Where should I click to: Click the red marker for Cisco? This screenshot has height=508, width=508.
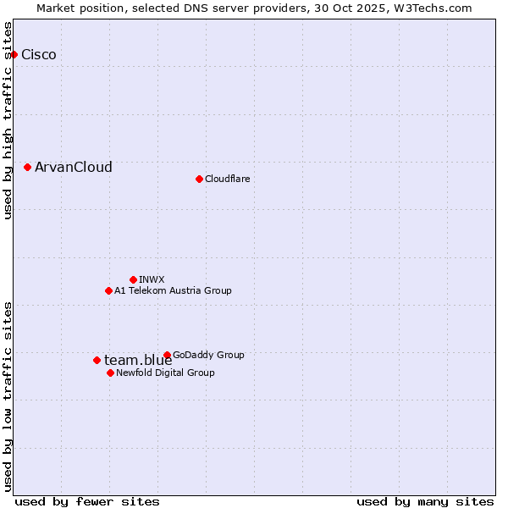click(x=14, y=55)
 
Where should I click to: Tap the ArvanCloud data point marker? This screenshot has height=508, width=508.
click(x=28, y=168)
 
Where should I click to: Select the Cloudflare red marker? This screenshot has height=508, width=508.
click(x=199, y=179)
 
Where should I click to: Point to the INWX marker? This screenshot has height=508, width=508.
click(x=133, y=279)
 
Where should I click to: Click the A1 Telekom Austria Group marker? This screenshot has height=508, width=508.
click(x=108, y=290)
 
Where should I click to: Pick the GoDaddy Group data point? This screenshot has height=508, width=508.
click(x=167, y=355)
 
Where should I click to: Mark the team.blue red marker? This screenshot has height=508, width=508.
click(x=97, y=360)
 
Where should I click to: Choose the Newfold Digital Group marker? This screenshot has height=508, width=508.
click(x=110, y=373)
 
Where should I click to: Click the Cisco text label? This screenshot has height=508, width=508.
click(x=39, y=55)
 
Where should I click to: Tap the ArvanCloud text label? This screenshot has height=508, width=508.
click(x=74, y=168)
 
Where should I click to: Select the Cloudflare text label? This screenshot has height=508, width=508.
click(x=228, y=179)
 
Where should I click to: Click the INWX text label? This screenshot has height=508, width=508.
click(x=152, y=279)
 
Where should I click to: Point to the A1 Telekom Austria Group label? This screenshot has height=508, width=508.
click(x=173, y=290)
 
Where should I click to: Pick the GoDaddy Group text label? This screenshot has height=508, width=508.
click(x=208, y=355)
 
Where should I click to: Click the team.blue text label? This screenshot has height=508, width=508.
click(x=138, y=361)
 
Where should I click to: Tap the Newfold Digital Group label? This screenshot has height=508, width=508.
click(x=165, y=373)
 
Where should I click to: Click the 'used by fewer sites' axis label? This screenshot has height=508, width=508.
click(x=87, y=501)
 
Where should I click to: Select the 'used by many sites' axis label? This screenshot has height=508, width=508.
click(x=425, y=501)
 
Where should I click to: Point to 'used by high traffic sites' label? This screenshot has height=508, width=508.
click(x=8, y=120)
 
